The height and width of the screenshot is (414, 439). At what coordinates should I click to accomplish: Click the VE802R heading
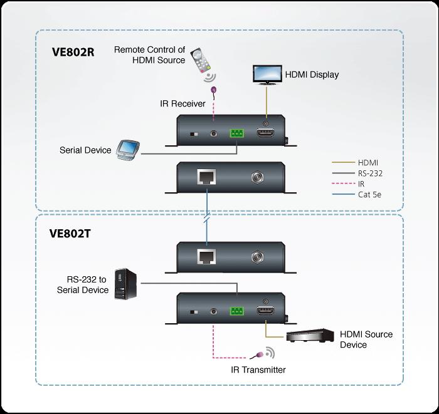73,52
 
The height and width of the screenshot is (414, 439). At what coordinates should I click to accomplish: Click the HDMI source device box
309,336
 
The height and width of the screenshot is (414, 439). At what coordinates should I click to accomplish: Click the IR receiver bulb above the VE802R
214,90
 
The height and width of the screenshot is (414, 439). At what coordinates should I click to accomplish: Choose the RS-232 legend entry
370,173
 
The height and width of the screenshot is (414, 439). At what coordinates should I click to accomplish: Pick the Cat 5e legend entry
370,195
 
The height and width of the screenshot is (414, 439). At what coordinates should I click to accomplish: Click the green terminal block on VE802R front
237,134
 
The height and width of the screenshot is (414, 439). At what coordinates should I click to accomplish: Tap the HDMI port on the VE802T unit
266,311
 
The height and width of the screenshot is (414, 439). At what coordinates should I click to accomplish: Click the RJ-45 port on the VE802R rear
206,178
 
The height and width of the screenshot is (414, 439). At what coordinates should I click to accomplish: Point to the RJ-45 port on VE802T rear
206,257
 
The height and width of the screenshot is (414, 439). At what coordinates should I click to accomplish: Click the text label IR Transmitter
258,370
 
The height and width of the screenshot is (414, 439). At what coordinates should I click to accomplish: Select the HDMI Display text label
312,75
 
